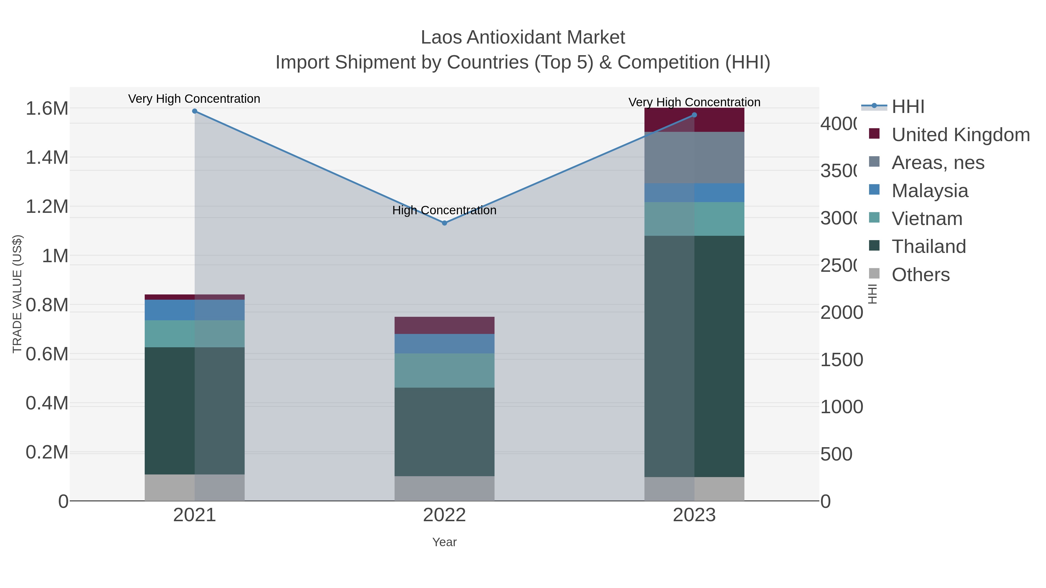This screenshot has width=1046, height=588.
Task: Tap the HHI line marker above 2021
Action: pos(194,111)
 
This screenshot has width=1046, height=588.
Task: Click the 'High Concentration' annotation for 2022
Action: pos(444,210)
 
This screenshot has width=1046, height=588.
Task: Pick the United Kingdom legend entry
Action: pos(960,134)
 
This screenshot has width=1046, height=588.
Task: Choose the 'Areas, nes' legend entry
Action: pos(938,162)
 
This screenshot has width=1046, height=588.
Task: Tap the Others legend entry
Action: pos(920,274)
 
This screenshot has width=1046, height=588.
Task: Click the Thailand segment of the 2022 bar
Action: pos(444,431)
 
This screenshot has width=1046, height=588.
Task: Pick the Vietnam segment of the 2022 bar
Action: pos(444,370)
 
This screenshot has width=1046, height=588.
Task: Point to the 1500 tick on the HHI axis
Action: pos(841,360)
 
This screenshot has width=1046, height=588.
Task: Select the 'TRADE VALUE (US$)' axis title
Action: pos(17,294)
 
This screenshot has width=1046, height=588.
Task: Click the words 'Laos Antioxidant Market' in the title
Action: pos(523,37)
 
